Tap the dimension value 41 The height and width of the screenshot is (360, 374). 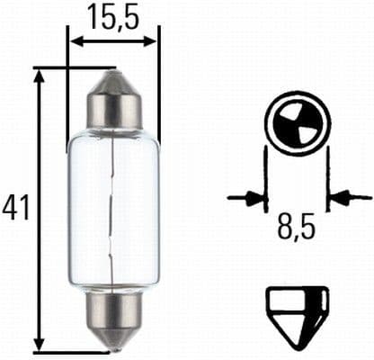click(x=15, y=207)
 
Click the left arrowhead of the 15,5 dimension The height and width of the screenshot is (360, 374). click(x=76, y=41)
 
